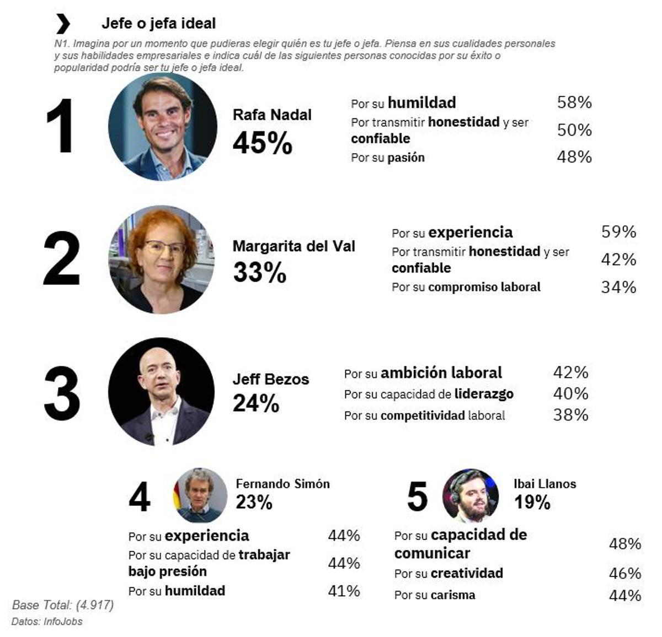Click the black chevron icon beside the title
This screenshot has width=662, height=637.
coord(63,24)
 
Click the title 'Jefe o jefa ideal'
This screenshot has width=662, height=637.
coord(158,24)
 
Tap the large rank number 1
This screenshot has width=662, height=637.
coord(61,126)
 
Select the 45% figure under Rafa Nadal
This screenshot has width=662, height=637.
coord(262,143)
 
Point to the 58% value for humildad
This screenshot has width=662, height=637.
coord(574,102)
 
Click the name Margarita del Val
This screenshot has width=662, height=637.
coord(293,246)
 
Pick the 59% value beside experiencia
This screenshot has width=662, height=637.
coord(618,231)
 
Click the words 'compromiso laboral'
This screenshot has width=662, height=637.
coord(484,287)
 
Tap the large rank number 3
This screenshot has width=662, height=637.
coord(62,393)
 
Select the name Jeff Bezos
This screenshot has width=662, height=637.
coord(270,379)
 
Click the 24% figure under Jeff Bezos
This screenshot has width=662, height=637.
coord(256,403)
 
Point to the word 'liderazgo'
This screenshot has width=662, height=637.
coord(484,394)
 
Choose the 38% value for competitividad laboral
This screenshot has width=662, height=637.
coord(570,414)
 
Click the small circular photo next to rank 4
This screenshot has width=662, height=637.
coord(200,495)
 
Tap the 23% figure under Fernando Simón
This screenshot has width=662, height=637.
coord(254,502)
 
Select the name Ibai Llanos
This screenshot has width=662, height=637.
coord(544,484)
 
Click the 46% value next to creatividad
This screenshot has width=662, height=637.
coord(624,573)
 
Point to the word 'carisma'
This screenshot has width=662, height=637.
coord(452,595)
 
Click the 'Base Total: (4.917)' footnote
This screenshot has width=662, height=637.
coord(63,605)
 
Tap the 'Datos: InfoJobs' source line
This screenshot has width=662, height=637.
coord(47,622)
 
